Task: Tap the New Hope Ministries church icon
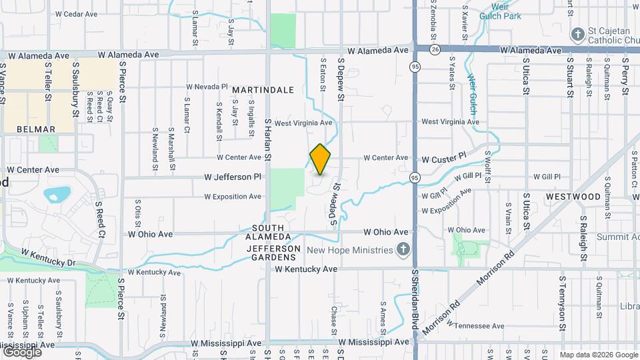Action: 402,250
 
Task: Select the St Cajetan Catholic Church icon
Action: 577,33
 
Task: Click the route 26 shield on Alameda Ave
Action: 435,49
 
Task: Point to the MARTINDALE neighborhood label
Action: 263,89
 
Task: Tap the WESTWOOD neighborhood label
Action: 573,197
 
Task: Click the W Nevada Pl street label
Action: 207,87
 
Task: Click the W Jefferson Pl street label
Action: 233,177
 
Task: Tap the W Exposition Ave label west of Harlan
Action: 233,197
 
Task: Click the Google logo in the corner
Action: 21,351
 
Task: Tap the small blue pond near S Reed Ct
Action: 57,195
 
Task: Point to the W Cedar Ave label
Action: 77,13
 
